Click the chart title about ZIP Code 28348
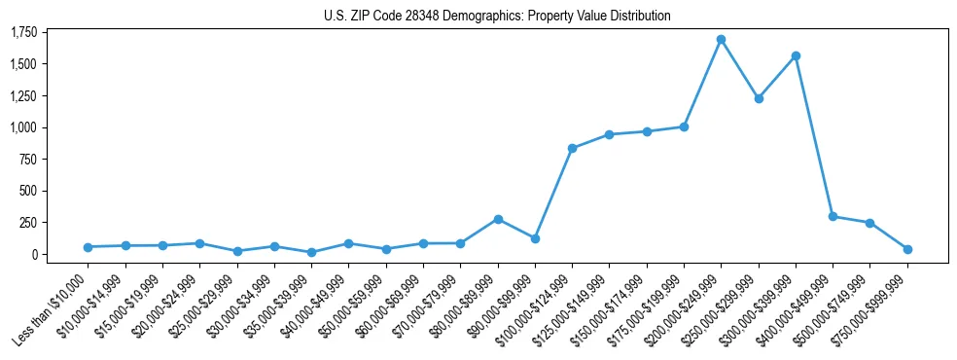point(497,16)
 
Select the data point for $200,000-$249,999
point(721,40)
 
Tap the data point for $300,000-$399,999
point(796,55)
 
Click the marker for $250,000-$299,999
point(759,98)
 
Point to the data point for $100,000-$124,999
point(572,148)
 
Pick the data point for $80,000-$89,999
point(498,219)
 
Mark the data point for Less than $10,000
point(89,247)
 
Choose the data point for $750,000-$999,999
point(907,249)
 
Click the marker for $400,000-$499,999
point(833,216)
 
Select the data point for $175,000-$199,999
point(684,126)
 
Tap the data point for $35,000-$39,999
point(311,252)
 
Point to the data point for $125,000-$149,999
point(609,134)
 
